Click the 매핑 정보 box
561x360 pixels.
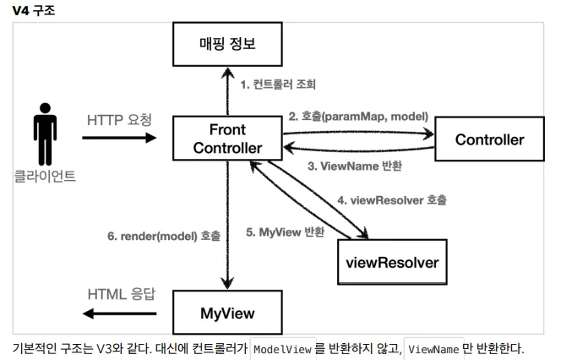click(x=225, y=44)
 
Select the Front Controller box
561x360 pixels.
click(x=226, y=139)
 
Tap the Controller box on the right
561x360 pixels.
click(x=489, y=139)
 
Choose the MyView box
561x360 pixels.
click(x=226, y=312)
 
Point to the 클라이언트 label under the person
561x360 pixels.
click(x=45, y=176)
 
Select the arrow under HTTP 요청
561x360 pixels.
click(x=121, y=139)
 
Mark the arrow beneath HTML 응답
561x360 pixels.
click(x=118, y=314)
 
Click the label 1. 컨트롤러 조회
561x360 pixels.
click(x=277, y=85)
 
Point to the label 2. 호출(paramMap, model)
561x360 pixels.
click(x=358, y=116)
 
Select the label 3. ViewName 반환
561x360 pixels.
click(x=354, y=166)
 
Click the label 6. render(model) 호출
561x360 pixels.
click(x=163, y=237)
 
